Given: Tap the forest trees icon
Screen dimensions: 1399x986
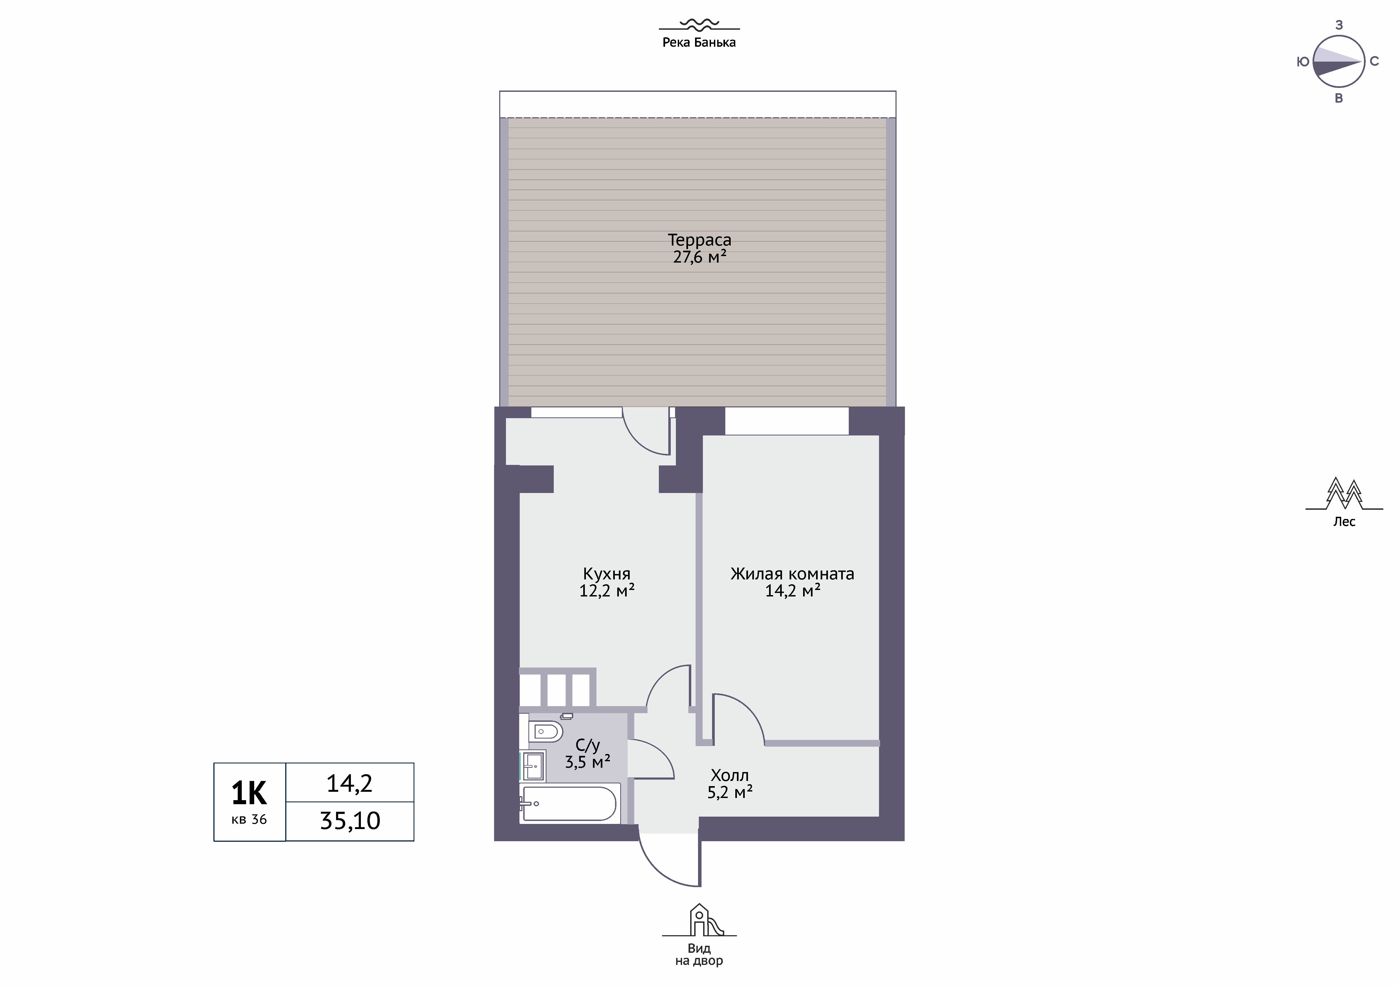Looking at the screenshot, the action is (1344, 494).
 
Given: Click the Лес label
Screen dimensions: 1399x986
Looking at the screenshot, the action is (1344, 522).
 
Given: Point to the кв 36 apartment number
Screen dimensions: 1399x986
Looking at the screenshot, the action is (249, 820).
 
